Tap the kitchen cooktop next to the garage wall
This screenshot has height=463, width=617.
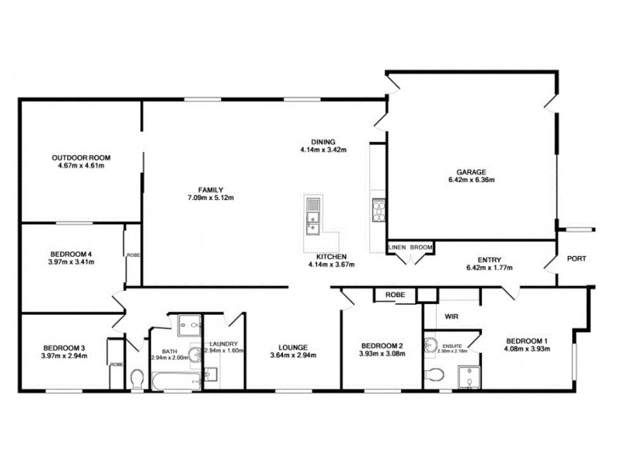tap(379, 209)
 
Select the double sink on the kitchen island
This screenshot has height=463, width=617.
tap(312, 216)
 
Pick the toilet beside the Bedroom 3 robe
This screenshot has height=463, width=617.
tap(137, 378)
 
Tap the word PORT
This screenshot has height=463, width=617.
tap(576, 259)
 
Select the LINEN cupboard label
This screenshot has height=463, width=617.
tap(397, 247)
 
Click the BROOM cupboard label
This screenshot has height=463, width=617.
tap(421, 247)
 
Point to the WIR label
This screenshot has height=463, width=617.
tap(452, 316)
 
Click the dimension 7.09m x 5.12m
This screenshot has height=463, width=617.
tap(211, 198)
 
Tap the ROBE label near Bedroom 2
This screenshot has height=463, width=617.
tap(396, 295)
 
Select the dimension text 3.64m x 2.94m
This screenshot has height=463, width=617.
tap(294, 355)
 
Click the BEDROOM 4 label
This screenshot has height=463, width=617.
tap(71, 254)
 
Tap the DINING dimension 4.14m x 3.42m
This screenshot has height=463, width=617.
tap(323, 150)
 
